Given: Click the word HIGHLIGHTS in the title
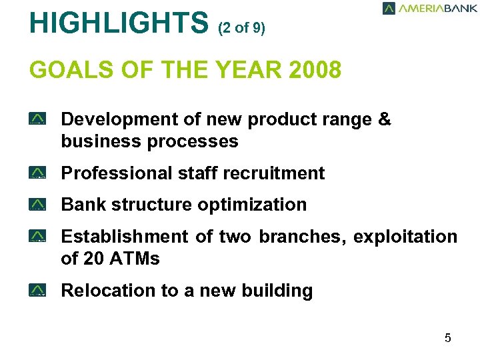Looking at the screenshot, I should coord(119,23).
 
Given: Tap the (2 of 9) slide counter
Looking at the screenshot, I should coord(241,29).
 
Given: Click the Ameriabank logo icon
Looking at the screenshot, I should coord(389,8).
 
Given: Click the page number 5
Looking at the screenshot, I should coord(448,338).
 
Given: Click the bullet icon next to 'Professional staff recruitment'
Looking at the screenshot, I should coord(37,173).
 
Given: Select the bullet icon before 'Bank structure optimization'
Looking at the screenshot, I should coord(37,205).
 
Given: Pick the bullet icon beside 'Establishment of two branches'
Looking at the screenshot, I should coord(37,237).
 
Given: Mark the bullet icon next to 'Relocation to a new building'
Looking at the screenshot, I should coord(37,291).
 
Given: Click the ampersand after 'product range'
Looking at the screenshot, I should coord(384,119).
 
